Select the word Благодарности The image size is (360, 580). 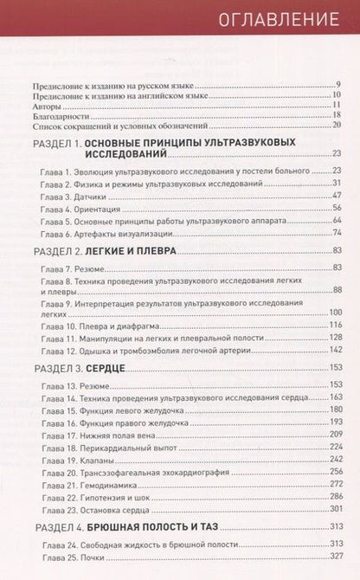(61, 114)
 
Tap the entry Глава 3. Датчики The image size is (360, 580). (75, 197)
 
